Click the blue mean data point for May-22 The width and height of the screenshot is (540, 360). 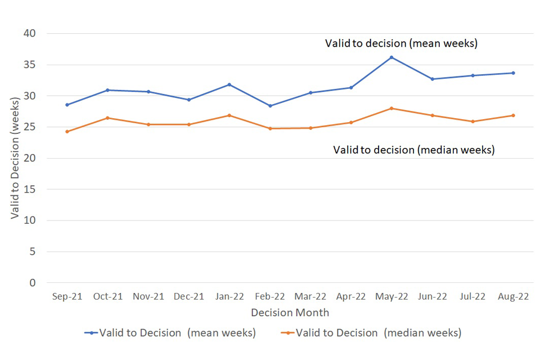[x=391, y=57]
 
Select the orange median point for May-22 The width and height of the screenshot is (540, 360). [x=391, y=108]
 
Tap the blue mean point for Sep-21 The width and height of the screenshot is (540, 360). [x=67, y=105]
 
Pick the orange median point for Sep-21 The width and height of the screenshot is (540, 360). [x=67, y=132]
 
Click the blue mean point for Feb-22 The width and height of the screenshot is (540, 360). [x=270, y=106]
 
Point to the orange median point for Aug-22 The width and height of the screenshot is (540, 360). [x=513, y=115]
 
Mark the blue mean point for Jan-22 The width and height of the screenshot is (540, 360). [x=229, y=84]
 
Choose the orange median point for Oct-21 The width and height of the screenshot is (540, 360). [x=107, y=118]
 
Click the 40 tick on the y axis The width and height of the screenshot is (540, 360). [x=30, y=34]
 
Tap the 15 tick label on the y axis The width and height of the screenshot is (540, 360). [x=30, y=190]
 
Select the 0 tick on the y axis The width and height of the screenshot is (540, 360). [x=33, y=283]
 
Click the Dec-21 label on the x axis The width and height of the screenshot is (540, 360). [x=189, y=297]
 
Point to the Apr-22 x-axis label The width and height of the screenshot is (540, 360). [x=351, y=297]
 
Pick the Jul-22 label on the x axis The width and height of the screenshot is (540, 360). [x=472, y=297]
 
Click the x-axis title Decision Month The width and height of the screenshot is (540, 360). [x=290, y=312]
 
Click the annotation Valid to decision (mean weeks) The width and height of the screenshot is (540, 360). [x=401, y=43]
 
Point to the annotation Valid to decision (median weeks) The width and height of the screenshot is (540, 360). [x=413, y=150]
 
